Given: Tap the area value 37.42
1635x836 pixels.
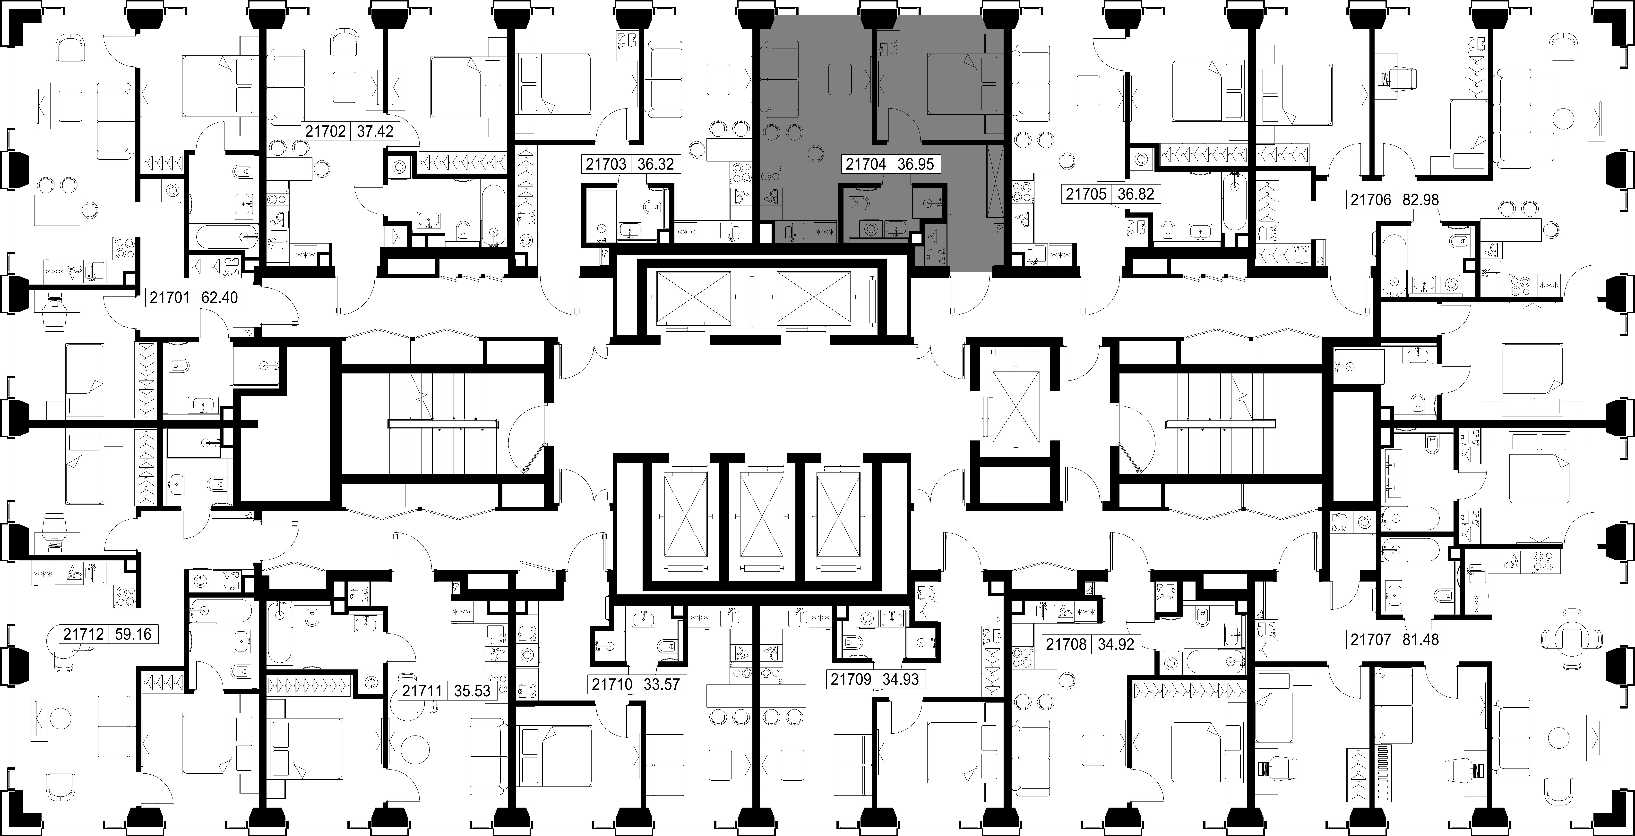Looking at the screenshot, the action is click(x=375, y=131).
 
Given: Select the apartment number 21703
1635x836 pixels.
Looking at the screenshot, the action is click(x=605, y=164).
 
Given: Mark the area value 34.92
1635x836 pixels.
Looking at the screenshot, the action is click(x=1116, y=645).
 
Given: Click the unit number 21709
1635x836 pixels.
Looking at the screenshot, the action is click(x=851, y=679).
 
